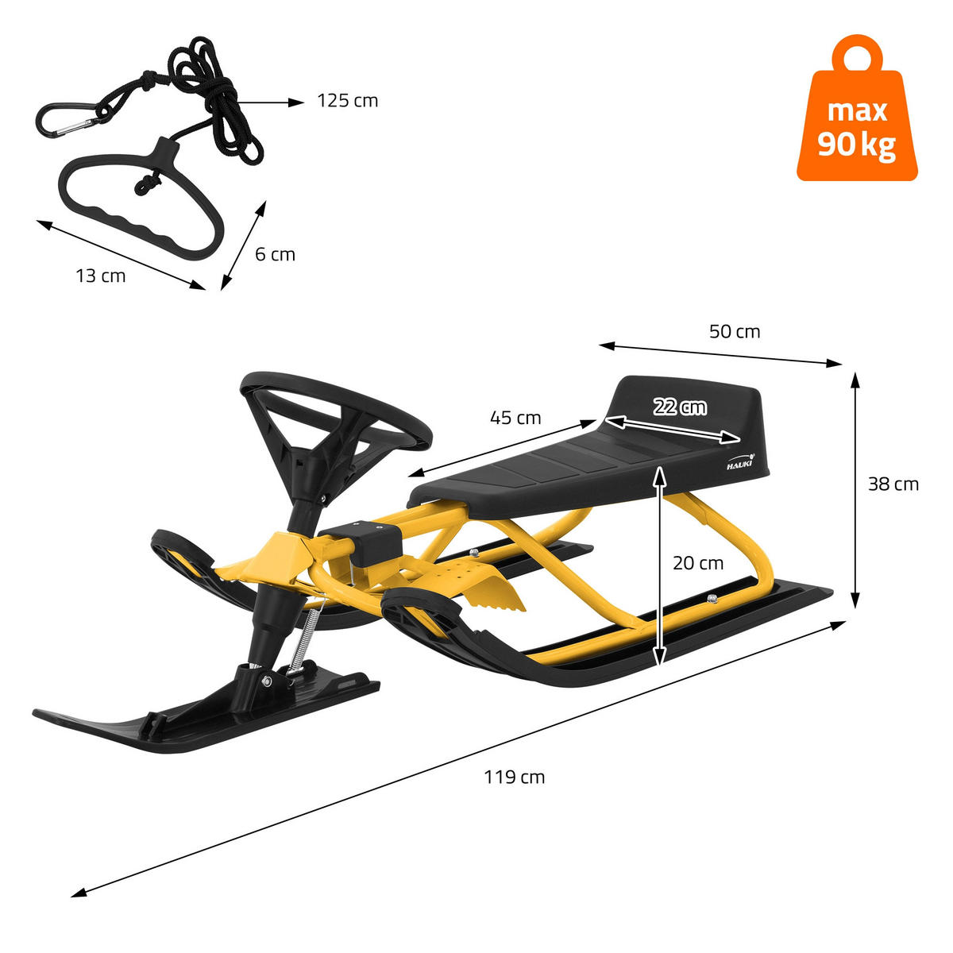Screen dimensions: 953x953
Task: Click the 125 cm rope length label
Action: pos(347,101)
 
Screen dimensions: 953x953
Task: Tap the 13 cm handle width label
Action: pos(101,276)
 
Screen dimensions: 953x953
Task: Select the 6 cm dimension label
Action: pos(275,254)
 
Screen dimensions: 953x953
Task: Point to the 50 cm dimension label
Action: pos(734,331)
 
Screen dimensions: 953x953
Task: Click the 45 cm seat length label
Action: pos(515,417)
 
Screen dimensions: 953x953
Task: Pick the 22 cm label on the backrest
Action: pos(680,407)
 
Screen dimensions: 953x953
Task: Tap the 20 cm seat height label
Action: pos(698,563)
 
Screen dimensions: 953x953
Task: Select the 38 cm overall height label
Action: pos(893,484)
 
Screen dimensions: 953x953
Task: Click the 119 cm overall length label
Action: pos(515,777)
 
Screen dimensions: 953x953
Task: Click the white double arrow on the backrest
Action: pos(675,429)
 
